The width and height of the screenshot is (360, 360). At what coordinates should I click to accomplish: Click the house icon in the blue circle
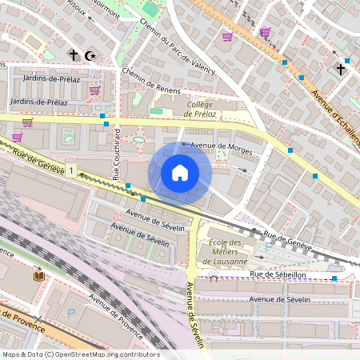click(180, 172)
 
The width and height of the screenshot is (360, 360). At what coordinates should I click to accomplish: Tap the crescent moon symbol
click(90, 55)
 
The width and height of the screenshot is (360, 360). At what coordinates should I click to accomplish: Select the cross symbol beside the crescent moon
click(74, 55)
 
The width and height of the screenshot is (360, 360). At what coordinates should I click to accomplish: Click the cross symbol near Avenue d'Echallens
click(340, 69)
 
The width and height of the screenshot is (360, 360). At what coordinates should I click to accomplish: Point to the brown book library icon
click(38, 276)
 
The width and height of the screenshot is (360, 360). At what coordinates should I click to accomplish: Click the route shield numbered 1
click(72, 170)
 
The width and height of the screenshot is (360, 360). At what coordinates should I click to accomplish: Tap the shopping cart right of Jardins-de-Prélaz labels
click(94, 90)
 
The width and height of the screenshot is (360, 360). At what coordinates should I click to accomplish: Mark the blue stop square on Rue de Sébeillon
click(334, 278)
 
